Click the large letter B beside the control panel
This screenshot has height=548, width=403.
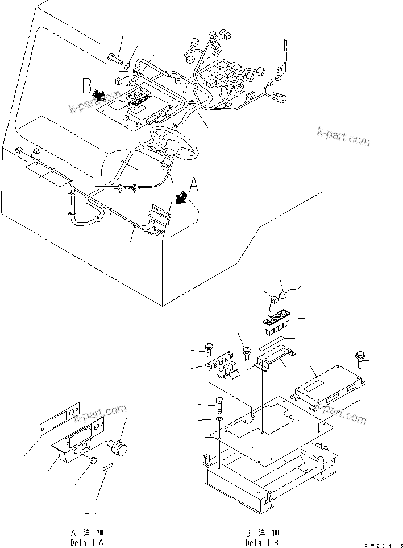86,87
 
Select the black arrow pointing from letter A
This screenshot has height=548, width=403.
181,197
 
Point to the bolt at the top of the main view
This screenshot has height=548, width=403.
114,57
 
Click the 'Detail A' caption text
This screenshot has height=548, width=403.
87,538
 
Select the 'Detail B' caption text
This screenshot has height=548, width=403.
262,538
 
